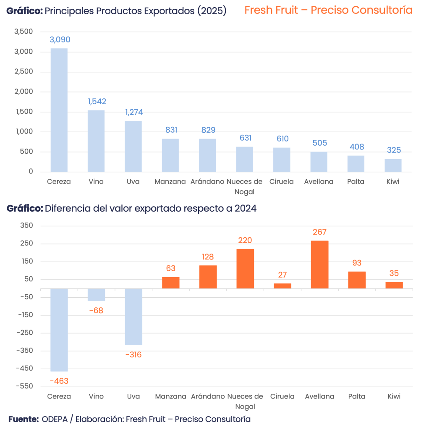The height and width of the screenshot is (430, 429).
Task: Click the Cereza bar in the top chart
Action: pyautogui.click(x=59, y=110)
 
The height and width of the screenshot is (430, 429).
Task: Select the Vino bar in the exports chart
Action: pyautogui.click(x=96, y=141)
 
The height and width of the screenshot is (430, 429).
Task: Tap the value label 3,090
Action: pyautogui.click(x=60, y=40)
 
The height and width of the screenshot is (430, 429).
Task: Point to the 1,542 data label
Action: pyautogui.click(x=97, y=102)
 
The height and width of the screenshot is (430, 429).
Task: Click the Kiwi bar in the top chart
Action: pyautogui.click(x=393, y=165)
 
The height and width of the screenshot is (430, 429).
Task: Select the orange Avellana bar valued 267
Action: pyautogui.click(x=319, y=264)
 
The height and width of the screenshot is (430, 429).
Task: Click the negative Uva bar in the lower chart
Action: pyautogui.click(x=133, y=317)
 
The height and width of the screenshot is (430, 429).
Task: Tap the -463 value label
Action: pyautogui.click(x=59, y=381)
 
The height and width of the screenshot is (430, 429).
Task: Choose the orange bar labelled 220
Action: pyautogui.click(x=245, y=268)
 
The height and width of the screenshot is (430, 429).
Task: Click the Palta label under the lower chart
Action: pyautogui.click(x=356, y=396)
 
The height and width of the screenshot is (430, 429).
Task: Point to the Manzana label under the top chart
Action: pyautogui.click(x=170, y=182)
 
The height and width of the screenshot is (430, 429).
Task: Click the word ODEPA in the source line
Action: pyautogui.click(x=54, y=419)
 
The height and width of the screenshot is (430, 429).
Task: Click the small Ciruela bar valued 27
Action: pyautogui.click(x=282, y=286)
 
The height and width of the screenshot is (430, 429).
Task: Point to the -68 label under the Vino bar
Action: pyautogui.click(x=96, y=311)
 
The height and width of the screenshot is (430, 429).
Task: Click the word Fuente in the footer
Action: pyautogui.click(x=23, y=419)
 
